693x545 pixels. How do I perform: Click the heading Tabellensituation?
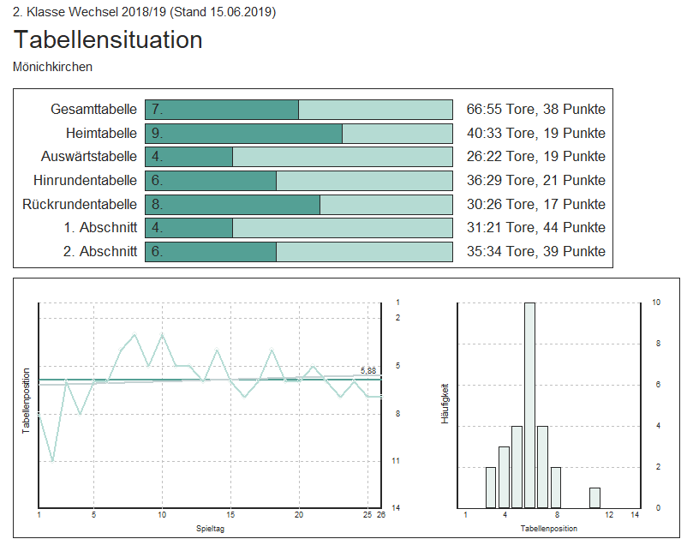coord(108,39)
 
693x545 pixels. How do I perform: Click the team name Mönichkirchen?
coord(53,66)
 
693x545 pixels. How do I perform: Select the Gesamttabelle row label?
coord(93,110)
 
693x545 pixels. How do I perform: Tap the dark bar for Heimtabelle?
coord(243,134)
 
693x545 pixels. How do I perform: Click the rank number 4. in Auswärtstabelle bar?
coord(158,157)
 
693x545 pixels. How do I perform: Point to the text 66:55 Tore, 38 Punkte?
coord(535,110)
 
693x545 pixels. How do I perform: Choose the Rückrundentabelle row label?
coord(80,205)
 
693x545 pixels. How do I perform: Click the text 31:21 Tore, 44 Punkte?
coord(535,228)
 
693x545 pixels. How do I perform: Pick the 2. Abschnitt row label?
coord(99,252)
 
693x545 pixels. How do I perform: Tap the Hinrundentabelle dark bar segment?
coord(211,181)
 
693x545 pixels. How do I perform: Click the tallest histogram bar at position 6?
coord(529,404)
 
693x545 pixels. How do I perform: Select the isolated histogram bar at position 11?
coord(594,498)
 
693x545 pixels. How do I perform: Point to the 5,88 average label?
coord(368,371)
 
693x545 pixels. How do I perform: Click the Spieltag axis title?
coord(210,529)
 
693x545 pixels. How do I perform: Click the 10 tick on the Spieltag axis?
coord(162,515)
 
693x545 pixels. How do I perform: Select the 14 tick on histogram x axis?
coord(635,515)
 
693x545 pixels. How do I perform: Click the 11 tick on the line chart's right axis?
coord(396,461)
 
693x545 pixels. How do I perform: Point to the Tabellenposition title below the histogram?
coord(550,529)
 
